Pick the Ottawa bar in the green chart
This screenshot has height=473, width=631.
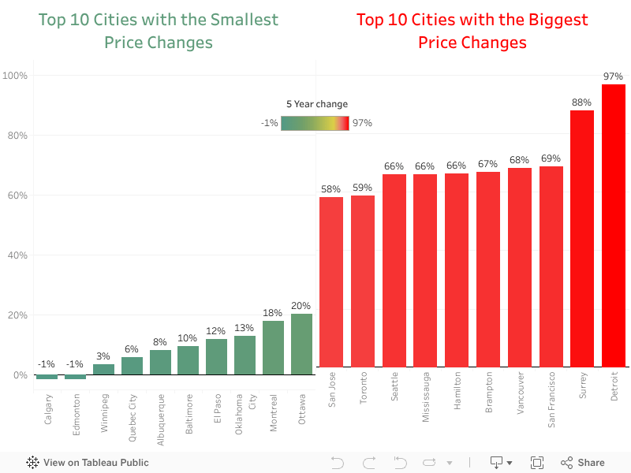[301, 344]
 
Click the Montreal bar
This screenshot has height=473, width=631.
[273, 347]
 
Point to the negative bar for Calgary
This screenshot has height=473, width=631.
[47, 377]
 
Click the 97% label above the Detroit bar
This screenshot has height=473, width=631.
[613, 76]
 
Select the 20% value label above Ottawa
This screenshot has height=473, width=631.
[301, 306]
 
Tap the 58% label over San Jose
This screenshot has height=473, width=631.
[331, 189]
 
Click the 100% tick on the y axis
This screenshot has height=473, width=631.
[15, 76]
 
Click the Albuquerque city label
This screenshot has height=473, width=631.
[160, 408]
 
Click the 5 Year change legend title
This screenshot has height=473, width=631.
[316, 104]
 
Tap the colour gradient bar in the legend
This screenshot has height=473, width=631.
[315, 123]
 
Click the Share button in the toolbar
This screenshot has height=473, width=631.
[583, 463]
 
